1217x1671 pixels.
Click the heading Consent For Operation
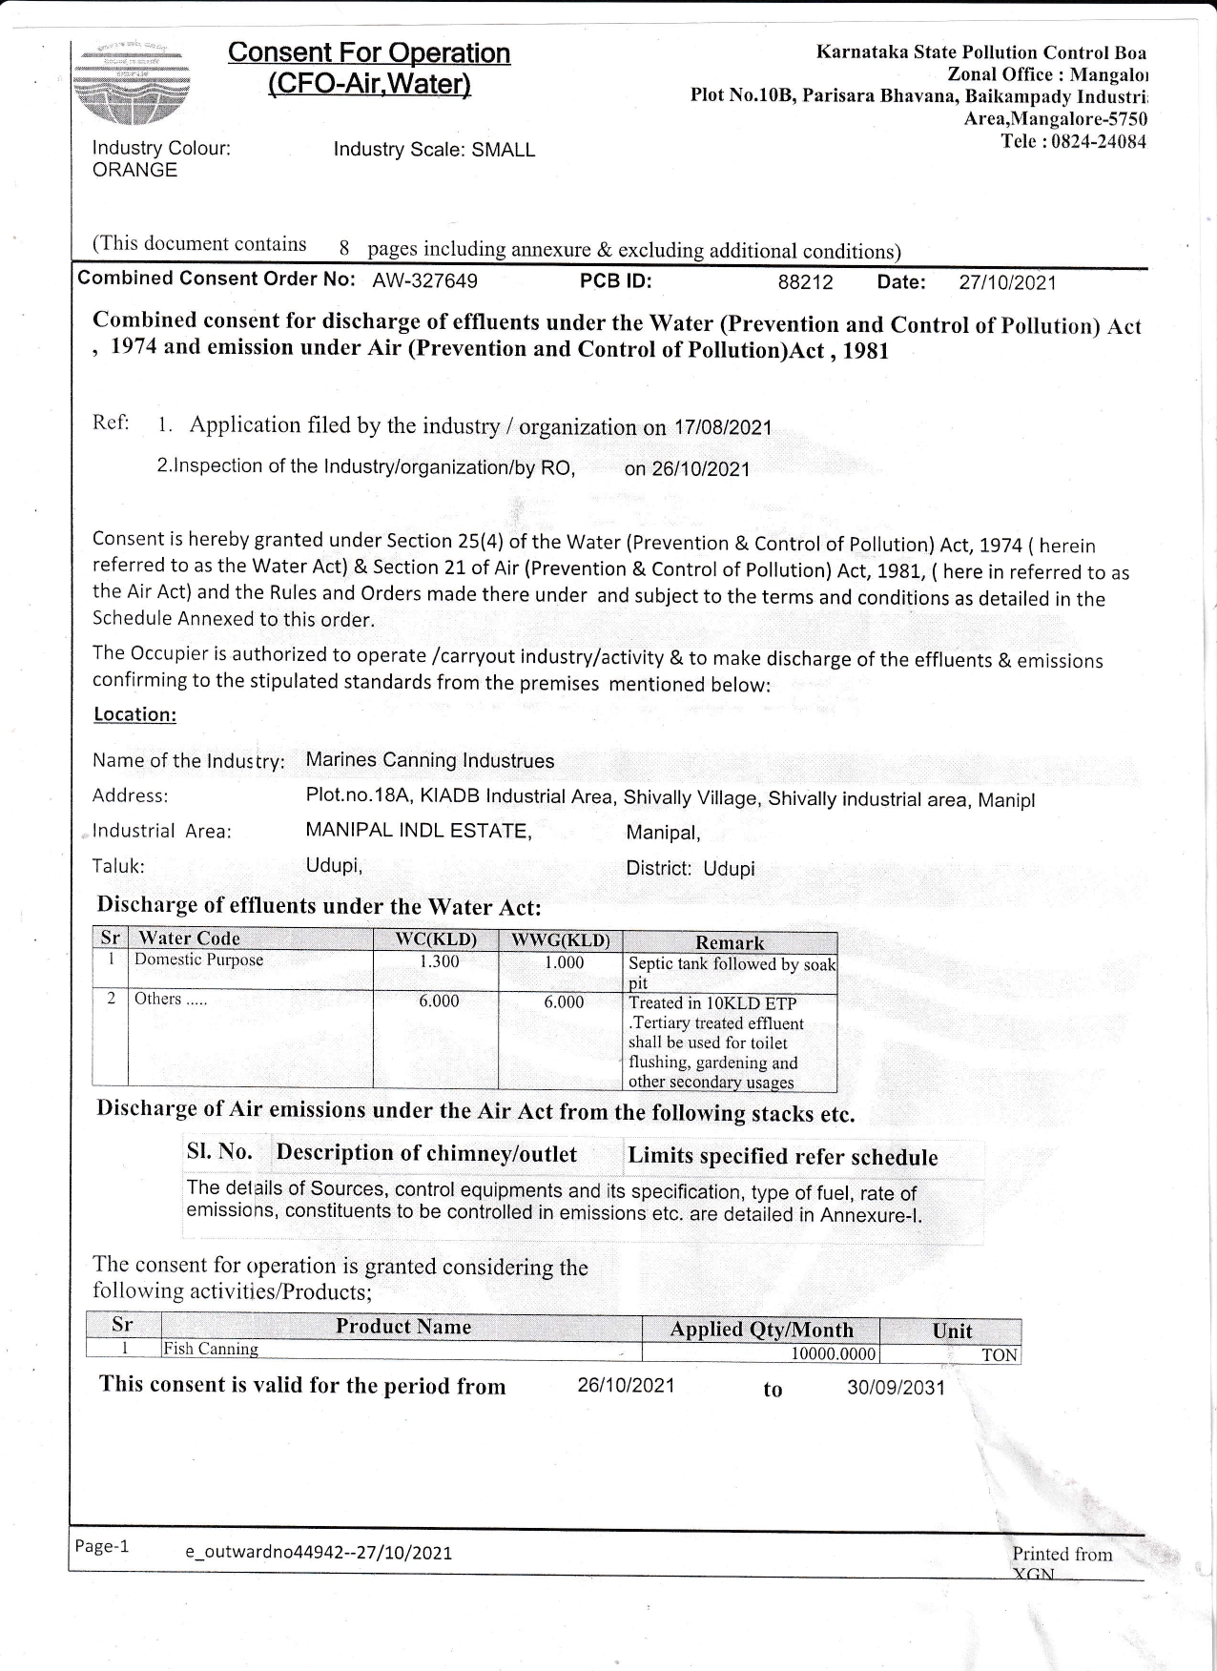point(369,53)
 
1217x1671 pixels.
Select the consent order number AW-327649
point(424,280)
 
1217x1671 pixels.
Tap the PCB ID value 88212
point(805,282)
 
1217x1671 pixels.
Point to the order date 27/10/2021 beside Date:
point(1007,282)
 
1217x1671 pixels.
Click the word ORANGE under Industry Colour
point(134,170)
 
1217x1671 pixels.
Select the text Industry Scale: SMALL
point(434,150)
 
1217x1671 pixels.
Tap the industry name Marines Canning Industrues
point(429,760)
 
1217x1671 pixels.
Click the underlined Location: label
point(134,714)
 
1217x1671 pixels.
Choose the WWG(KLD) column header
point(560,939)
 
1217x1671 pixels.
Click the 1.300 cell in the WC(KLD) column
point(439,961)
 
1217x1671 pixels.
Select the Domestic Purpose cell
point(198,959)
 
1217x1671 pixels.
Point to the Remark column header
point(730,942)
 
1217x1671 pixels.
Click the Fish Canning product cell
point(211,1349)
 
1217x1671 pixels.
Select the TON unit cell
point(999,1354)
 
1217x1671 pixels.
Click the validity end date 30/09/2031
point(896,1387)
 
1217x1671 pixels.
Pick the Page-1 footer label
point(101,1546)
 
